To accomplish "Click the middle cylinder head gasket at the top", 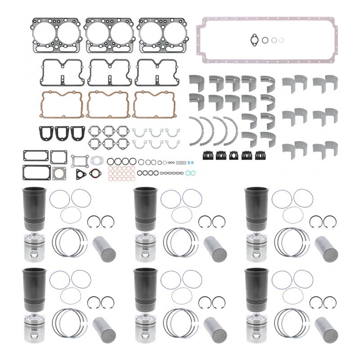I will (x=108, y=35).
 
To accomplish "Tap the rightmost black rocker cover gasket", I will (x=156, y=72).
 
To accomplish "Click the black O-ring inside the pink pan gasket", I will (x=265, y=40).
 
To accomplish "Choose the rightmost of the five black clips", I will (x=259, y=155).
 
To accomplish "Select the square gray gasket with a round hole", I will (x=59, y=174).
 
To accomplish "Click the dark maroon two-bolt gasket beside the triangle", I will (x=94, y=174).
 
